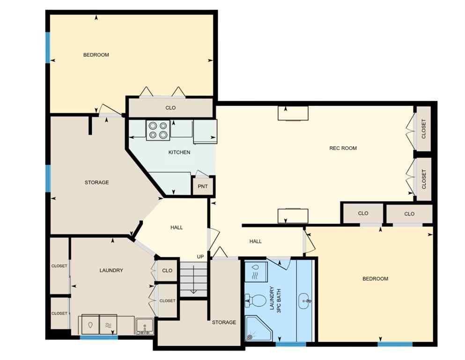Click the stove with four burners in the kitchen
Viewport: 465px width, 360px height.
[x=157, y=130]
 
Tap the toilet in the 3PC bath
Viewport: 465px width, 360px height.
[x=256, y=300]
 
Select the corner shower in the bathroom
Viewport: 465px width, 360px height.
[x=258, y=328]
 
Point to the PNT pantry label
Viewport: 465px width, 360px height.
[x=202, y=186]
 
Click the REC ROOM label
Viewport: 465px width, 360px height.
[x=343, y=148]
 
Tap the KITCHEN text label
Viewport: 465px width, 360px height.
[x=179, y=152]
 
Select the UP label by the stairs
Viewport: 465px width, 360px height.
[x=200, y=256]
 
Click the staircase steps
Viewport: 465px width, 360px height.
[x=193, y=279]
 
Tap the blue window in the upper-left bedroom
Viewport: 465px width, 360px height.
[x=47, y=46]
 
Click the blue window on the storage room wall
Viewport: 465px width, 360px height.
[x=48, y=178]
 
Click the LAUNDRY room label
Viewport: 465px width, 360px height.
[x=111, y=270]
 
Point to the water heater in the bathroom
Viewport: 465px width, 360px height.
[x=256, y=271]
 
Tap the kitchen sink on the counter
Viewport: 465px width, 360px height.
[x=205, y=131]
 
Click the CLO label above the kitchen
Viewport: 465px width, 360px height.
[x=170, y=108]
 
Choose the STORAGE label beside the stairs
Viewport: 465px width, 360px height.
[x=223, y=322]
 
